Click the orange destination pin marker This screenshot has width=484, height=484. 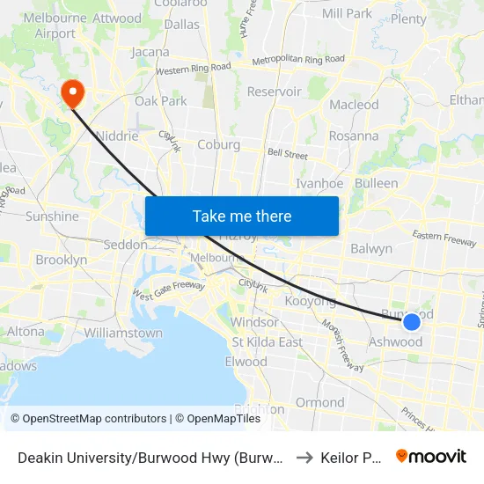pyautogui.click(x=70, y=92)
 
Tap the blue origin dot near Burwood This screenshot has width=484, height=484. pyautogui.click(x=411, y=322)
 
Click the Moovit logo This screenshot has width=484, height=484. pyautogui.click(x=431, y=456)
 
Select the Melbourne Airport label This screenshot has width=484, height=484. pyautogui.click(x=49, y=26)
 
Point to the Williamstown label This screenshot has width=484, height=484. pyautogui.click(x=123, y=334)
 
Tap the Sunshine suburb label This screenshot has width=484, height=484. pyautogui.click(x=52, y=216)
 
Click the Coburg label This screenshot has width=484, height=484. pyautogui.click(x=218, y=144)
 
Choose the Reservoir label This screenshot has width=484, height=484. pyautogui.click(x=275, y=92)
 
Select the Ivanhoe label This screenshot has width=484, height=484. pyautogui.click(x=319, y=183)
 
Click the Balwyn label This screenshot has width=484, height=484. pyautogui.click(x=371, y=248)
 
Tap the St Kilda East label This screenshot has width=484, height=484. pyautogui.click(x=267, y=341)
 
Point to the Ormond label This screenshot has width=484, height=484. pyautogui.click(x=320, y=402)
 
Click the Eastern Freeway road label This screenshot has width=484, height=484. pyautogui.click(x=444, y=238)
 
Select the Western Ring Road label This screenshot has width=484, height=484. pyautogui.click(x=193, y=68)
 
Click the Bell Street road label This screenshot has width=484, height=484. pyautogui.click(x=288, y=154)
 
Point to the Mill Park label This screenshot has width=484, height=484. pyautogui.click(x=347, y=13)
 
